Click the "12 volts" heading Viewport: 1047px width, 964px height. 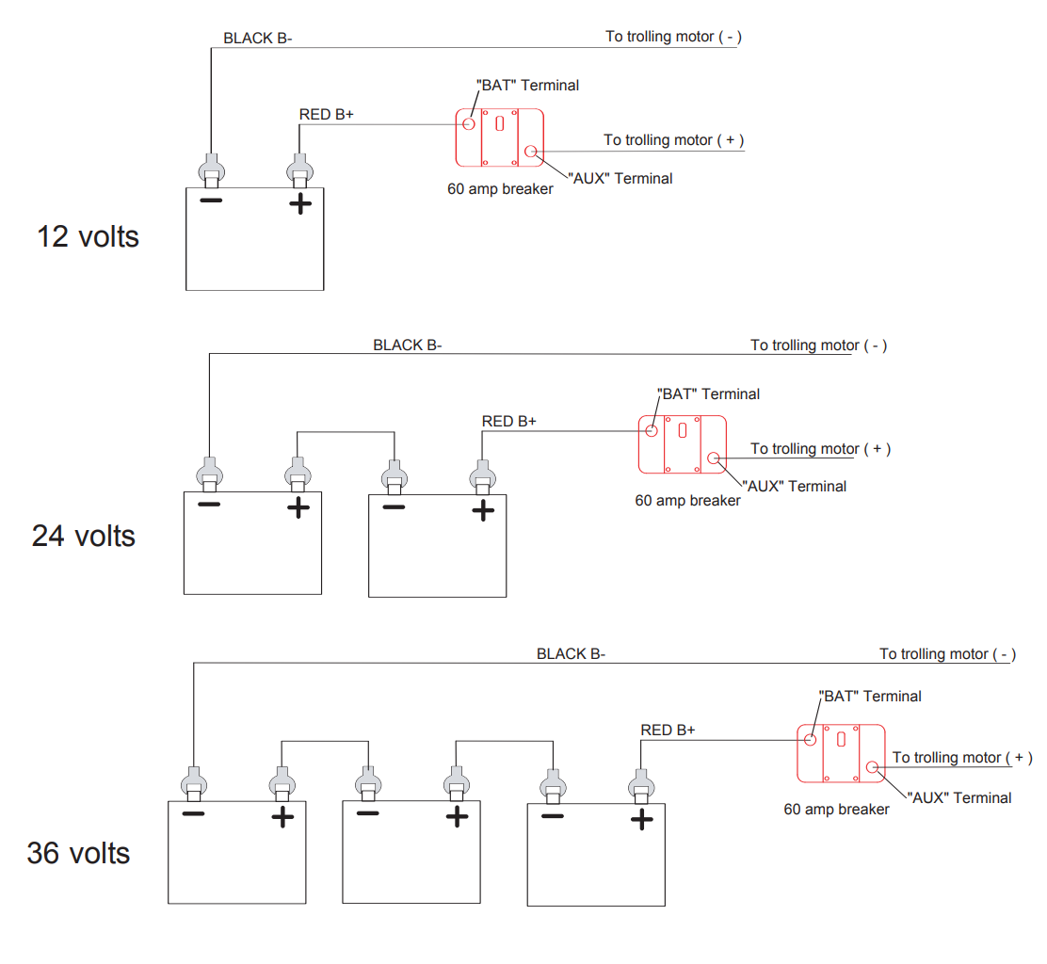click(x=88, y=235)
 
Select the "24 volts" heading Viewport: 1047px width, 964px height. click(x=84, y=536)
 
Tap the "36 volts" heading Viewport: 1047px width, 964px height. click(x=78, y=853)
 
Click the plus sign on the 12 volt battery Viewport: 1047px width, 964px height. click(x=299, y=202)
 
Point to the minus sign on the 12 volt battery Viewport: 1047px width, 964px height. click(x=211, y=201)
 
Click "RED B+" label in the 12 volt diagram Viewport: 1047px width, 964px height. click(x=326, y=115)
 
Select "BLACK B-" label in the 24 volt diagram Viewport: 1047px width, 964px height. click(x=407, y=345)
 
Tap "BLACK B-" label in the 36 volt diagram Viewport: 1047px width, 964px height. click(x=571, y=654)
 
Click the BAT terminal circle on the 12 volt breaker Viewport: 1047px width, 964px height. click(x=468, y=123)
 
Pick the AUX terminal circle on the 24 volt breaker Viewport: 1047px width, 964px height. click(x=713, y=458)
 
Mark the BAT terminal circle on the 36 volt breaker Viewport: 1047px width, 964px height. click(x=809, y=739)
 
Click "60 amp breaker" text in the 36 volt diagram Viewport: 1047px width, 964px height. click(x=836, y=809)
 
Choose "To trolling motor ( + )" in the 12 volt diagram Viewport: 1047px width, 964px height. click(x=673, y=140)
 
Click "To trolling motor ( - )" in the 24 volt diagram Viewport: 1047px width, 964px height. click(x=818, y=345)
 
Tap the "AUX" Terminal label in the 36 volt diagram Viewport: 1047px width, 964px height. click(x=959, y=797)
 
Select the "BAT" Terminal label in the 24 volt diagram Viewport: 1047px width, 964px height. click(x=708, y=394)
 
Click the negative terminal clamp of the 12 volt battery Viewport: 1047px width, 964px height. click(x=211, y=169)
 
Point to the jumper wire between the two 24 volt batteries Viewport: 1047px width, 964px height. click(x=346, y=432)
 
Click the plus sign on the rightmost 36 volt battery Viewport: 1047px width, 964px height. click(x=641, y=819)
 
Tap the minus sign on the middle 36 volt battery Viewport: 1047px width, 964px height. click(x=368, y=813)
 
